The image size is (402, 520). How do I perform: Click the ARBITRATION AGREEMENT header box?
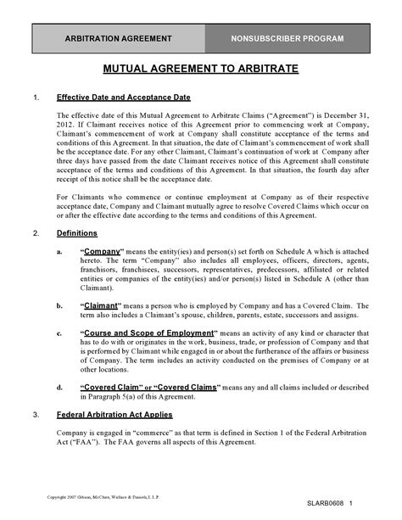tap(125, 40)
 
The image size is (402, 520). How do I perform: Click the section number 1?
tap(35, 98)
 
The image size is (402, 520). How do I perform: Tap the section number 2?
tap(35, 232)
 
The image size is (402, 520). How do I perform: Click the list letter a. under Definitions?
tap(58, 253)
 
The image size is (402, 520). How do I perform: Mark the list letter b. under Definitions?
tap(58, 305)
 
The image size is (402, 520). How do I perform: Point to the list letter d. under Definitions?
tap(58, 387)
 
